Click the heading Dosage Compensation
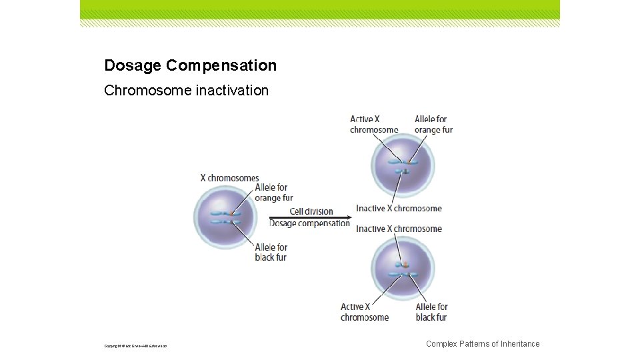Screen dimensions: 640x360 190,65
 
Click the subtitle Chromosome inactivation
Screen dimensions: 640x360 187,90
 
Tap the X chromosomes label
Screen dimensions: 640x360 229,178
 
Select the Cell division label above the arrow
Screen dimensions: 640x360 311,211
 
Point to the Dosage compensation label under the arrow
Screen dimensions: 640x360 309,223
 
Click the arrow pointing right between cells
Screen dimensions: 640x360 310,217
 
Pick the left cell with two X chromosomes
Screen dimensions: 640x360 224,217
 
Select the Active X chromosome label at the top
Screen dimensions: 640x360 374,125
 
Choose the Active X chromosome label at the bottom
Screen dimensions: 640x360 365,312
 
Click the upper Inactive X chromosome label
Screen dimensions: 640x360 399,208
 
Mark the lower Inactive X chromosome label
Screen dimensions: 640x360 399,229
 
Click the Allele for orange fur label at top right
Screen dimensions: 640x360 433,125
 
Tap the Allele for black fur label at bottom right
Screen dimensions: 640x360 431,312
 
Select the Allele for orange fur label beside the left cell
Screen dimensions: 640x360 273,193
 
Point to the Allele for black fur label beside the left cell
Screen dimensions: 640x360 271,252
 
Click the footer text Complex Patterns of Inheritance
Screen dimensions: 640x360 483,344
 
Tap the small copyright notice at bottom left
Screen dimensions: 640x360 135,346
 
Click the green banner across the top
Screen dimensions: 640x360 320,9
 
